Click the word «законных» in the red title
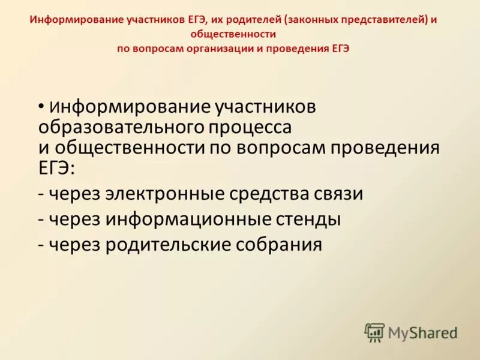coord(311,20)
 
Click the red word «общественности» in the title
coord(239,34)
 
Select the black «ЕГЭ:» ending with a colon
coord(57,168)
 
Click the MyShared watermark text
coord(423,332)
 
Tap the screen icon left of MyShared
coord(374,332)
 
